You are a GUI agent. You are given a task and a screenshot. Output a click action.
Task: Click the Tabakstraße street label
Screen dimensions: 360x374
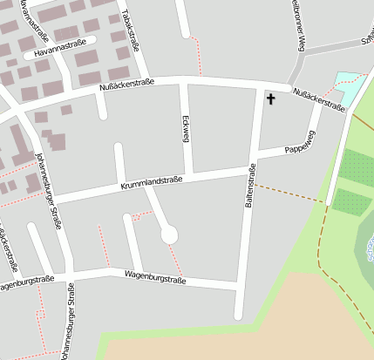pyautogui.click(x=132, y=32)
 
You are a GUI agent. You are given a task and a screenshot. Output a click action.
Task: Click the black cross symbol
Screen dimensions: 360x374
pyautogui.click(x=270, y=99)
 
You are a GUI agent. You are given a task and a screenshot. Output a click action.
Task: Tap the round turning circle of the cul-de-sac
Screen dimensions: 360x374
pyautogui.click(x=169, y=234)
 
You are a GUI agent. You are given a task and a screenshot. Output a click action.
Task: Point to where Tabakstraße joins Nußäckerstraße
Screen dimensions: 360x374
pyautogui.click(x=147, y=81)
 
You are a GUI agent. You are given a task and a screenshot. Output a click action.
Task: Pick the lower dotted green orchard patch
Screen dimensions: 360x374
pyautogui.click(x=351, y=202)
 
